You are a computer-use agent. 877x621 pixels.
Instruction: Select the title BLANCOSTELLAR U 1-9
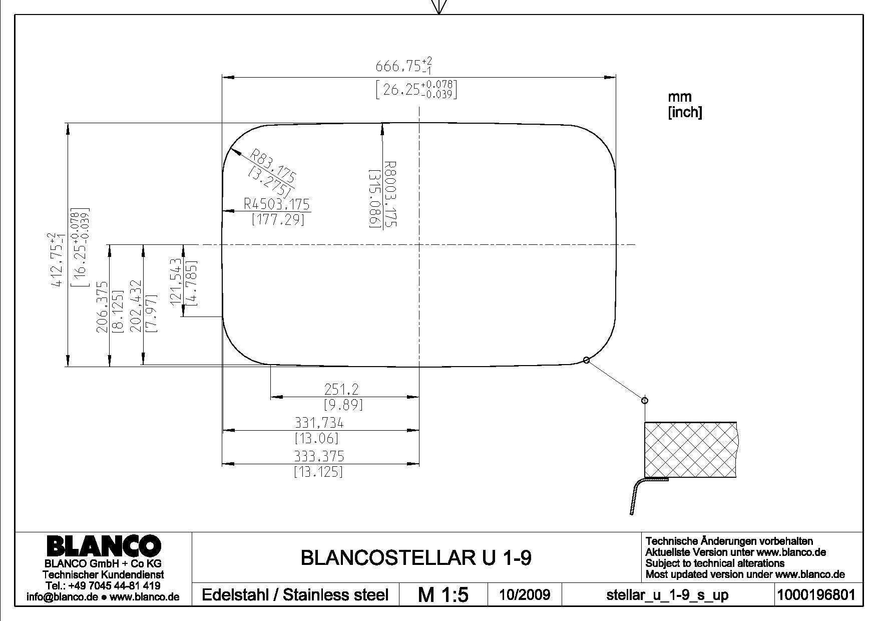416,557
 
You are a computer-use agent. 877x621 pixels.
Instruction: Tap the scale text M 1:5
443,594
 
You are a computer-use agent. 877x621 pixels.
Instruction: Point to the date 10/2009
525,594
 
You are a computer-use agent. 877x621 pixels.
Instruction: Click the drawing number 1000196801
818,594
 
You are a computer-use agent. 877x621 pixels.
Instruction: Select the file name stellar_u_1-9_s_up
667,595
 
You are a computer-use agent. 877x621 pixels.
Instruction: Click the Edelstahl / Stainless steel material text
295,595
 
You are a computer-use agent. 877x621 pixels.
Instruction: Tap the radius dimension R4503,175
277,204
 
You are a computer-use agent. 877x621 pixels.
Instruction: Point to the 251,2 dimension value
341,389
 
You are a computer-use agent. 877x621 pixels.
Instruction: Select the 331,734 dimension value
319,423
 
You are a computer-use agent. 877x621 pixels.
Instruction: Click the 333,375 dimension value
319,456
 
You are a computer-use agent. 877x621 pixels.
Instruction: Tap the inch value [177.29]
278,219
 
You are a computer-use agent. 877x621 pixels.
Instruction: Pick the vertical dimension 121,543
176,281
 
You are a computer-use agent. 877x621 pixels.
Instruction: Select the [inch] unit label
685,112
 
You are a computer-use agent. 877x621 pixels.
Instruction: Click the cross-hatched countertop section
690,450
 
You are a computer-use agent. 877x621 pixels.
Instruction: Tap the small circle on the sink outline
587,360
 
